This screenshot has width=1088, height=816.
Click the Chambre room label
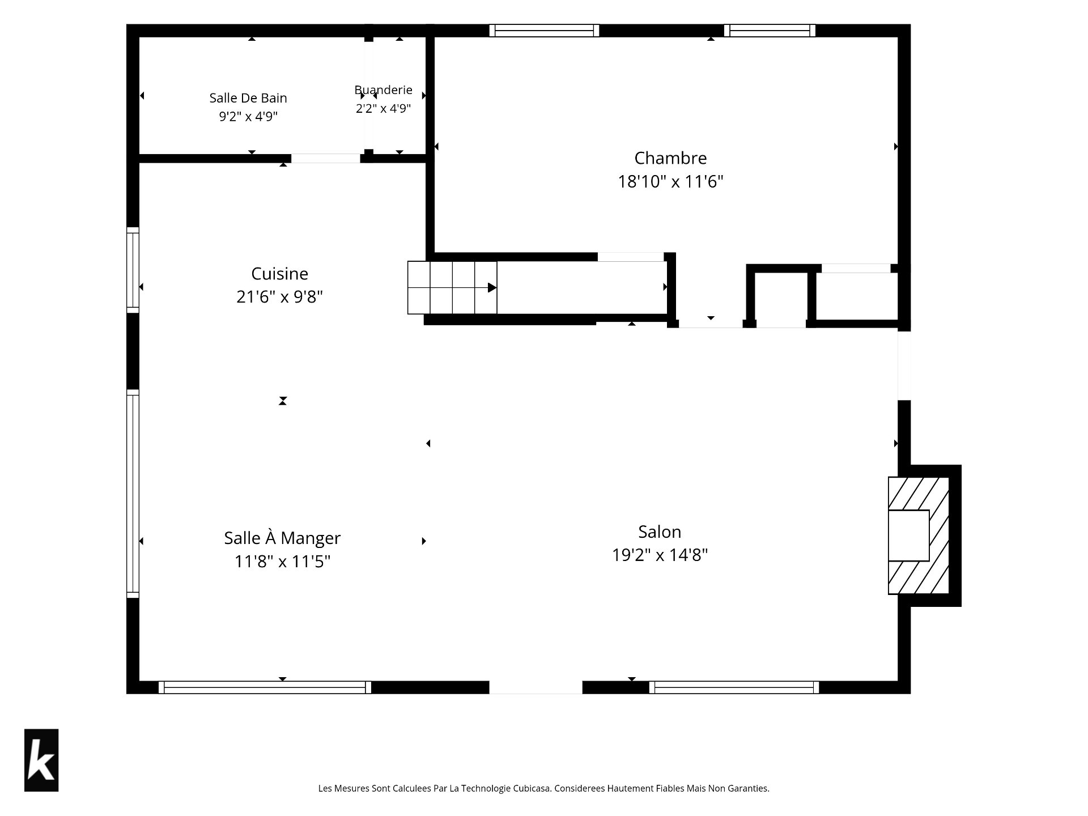point(670,158)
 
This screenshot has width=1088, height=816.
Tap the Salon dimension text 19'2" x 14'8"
point(660,555)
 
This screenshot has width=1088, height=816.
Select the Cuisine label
point(280,274)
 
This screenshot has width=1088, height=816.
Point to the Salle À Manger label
point(282,538)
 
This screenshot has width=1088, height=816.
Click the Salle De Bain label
point(248,98)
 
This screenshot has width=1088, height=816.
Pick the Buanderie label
point(383,90)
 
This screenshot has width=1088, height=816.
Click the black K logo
point(41,760)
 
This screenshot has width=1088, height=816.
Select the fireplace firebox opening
point(908,535)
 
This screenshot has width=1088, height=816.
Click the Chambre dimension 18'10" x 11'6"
point(670,181)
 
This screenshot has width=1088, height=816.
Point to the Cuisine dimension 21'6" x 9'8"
point(280,296)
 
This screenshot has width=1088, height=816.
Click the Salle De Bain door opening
point(326,159)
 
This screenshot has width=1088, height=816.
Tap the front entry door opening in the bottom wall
point(535,687)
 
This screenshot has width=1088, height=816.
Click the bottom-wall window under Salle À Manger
point(265,687)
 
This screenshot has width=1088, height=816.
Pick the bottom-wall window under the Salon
point(734,687)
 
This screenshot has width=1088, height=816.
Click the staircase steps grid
point(452,287)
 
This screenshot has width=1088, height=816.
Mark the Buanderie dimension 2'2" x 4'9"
point(383,108)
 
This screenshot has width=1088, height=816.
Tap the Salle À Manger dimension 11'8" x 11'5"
point(282,561)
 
